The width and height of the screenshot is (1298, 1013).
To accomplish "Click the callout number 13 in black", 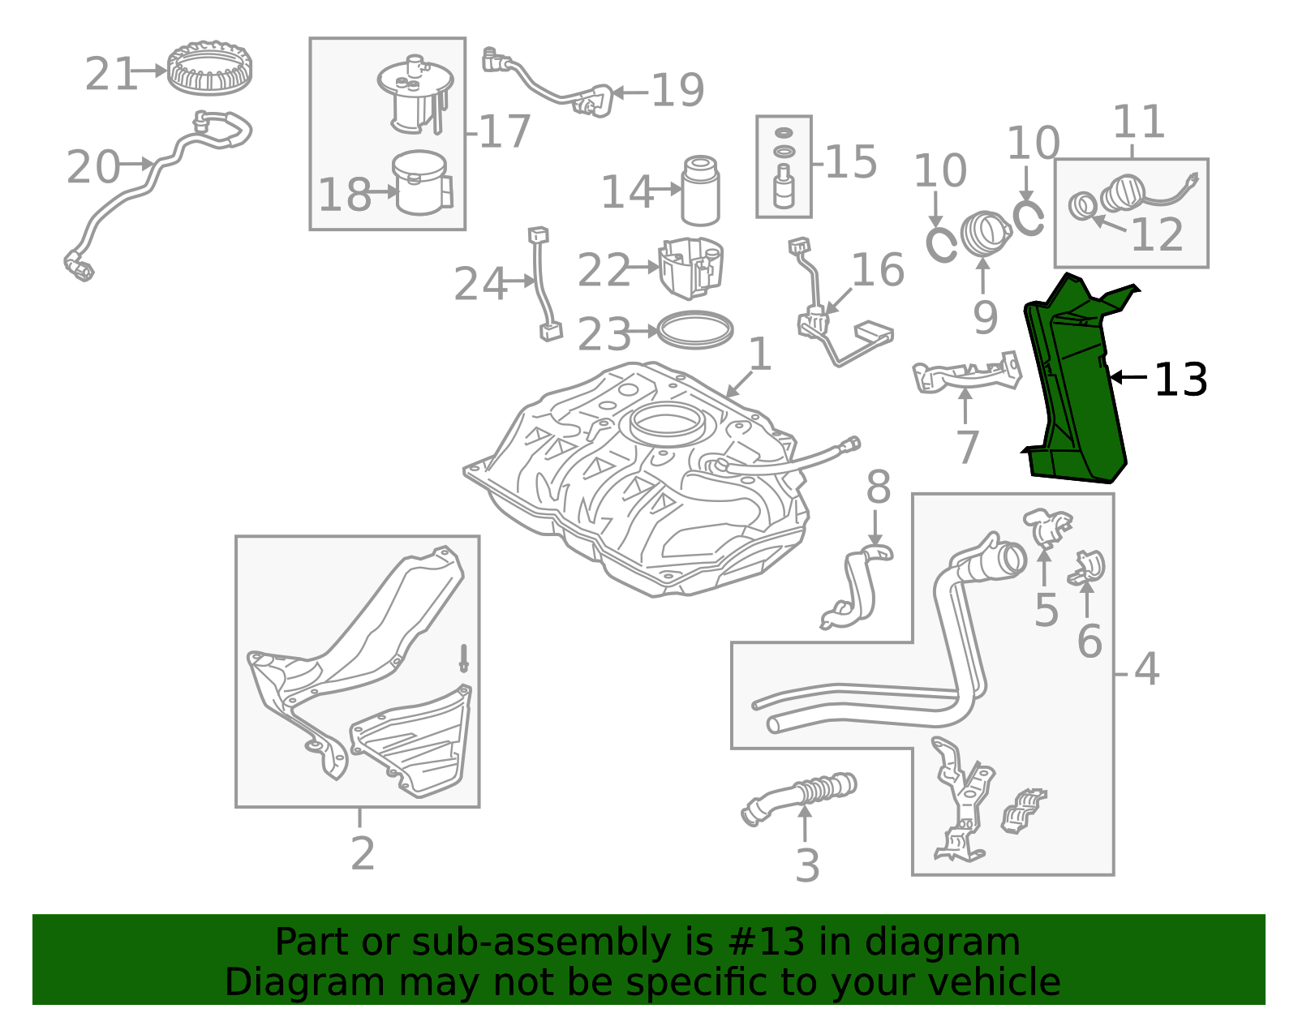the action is click(1180, 380).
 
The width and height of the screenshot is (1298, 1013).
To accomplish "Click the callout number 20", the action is click(93, 166).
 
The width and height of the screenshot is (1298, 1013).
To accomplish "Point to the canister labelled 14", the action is click(700, 191).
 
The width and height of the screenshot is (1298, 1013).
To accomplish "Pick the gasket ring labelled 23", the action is click(694, 330).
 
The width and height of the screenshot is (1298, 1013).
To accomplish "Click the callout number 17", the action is click(505, 132).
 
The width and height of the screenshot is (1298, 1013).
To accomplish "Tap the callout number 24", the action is click(481, 284).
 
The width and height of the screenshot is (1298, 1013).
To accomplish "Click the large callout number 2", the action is click(363, 853).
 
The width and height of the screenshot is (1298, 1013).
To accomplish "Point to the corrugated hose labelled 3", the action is click(798, 798).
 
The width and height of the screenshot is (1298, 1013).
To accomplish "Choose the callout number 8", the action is click(878, 487).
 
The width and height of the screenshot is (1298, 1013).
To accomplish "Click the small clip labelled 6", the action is click(1086, 567).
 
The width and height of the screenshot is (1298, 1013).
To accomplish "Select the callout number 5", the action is click(1046, 610).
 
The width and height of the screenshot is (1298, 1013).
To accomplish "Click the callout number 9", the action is click(985, 318).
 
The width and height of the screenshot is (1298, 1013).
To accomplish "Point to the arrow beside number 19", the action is click(630, 92).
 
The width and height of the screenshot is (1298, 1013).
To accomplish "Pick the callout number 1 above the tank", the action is click(760, 354).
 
